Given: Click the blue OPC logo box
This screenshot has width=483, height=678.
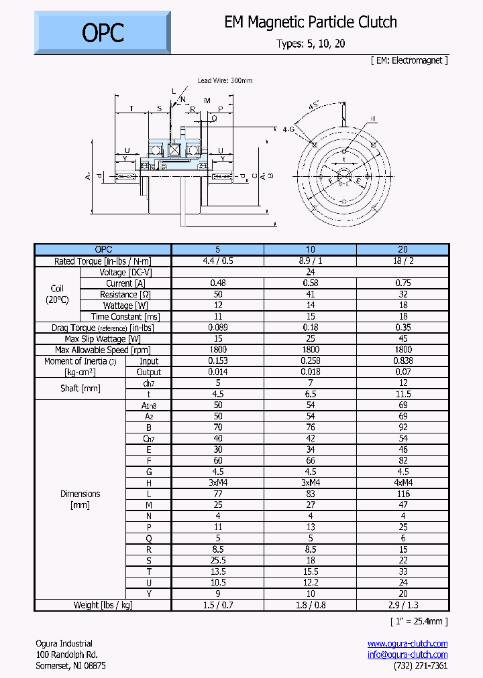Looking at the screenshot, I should [103, 33].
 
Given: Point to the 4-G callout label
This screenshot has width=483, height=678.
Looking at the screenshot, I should [289, 129].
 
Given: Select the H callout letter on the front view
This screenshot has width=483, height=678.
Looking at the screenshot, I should [373, 119].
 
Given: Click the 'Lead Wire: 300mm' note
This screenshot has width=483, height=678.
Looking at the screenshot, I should [225, 80].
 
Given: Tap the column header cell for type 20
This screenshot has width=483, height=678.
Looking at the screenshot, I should [402, 250].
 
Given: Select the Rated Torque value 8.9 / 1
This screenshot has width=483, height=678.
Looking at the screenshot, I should [310, 261].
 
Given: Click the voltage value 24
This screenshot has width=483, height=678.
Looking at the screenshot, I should [310, 272].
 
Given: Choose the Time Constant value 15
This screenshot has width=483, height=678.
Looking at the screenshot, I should [310, 316].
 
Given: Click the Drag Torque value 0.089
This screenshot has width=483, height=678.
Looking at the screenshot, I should [218, 328].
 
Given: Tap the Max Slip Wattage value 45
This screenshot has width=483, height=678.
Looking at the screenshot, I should [402, 338].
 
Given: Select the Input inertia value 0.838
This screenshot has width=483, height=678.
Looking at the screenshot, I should [402, 360].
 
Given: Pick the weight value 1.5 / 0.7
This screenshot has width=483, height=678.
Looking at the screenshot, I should [218, 605].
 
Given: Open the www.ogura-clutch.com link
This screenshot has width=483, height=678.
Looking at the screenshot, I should [407, 643].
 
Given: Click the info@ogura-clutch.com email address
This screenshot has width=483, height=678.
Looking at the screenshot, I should [407, 655].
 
